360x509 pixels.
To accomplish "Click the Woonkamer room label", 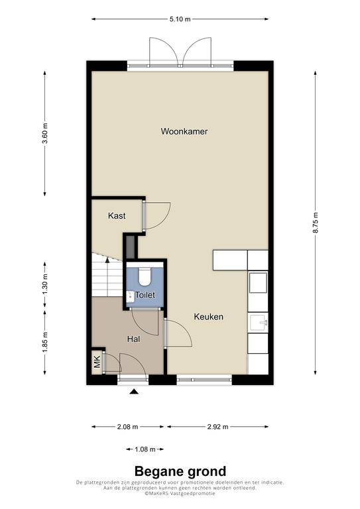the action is [x=184, y=131].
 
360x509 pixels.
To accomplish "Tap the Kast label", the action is [x=117, y=215].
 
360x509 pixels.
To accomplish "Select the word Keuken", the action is [x=208, y=317].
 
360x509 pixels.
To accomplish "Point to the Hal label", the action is [x=133, y=339].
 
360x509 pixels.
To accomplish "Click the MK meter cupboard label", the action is [x=97, y=363].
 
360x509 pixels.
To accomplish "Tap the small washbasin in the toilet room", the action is [x=130, y=296].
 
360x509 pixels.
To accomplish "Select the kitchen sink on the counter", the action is [x=259, y=322].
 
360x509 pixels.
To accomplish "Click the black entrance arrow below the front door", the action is [x=134, y=392].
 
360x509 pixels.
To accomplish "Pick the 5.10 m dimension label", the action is [x=180, y=19].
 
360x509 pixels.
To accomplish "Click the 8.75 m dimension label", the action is [x=316, y=223].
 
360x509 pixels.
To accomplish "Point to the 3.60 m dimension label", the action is [x=45, y=133].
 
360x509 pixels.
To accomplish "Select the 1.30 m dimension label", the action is [x=45, y=285].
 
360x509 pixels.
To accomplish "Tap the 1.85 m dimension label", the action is [x=45, y=341].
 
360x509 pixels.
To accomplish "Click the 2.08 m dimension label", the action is [x=127, y=427].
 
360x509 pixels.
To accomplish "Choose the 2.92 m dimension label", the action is [x=218, y=427].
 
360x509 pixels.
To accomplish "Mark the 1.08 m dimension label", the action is [x=145, y=449].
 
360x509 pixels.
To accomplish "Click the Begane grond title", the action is [x=180, y=471].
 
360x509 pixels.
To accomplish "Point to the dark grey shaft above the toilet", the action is [x=131, y=247].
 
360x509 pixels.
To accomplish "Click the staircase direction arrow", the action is [x=107, y=260].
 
